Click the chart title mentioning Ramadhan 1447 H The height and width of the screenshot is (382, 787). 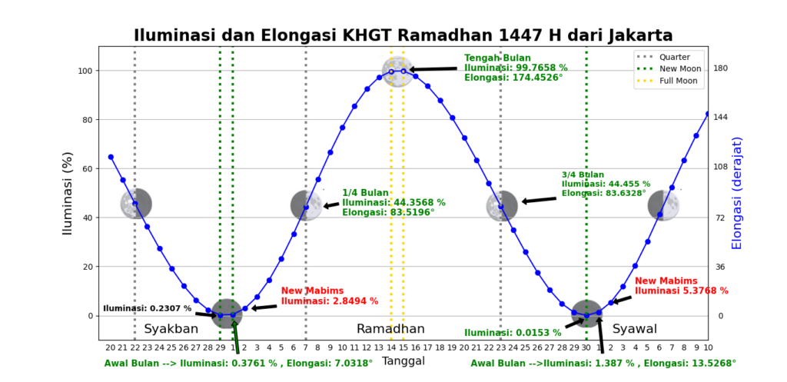click(403, 35)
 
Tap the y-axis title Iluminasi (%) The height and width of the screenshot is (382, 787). click(68, 192)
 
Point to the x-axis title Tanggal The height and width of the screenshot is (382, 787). click(403, 360)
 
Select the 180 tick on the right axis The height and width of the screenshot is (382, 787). click(720, 68)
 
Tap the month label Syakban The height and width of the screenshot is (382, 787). click(171, 329)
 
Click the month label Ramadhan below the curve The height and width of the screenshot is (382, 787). click(390, 329)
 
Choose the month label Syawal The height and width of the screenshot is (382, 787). click(634, 329)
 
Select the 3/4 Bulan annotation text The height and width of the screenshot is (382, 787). click(606, 184)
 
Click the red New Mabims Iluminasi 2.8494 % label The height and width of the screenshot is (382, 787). click(329, 296)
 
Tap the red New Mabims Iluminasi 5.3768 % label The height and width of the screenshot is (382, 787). click(681, 286)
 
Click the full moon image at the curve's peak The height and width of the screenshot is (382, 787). click(397, 71)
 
